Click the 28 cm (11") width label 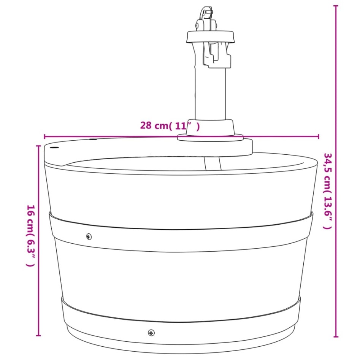170,126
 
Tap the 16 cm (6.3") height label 31,235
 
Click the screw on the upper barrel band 89,236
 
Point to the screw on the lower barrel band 151,333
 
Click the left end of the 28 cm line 45,136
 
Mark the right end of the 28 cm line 319,136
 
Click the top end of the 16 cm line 38,146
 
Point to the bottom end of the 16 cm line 38,336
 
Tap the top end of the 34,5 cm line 336,6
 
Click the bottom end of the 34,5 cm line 336,336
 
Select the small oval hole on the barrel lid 55,147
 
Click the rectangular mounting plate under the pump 215,147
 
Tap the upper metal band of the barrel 181,232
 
